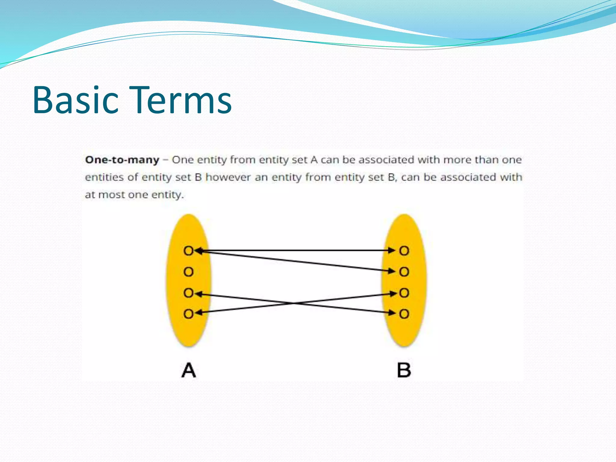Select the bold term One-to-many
click(x=122, y=160)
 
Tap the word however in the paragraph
click(x=228, y=177)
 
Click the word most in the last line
click(x=112, y=195)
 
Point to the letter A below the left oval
click(x=189, y=370)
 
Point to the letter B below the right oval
click(x=404, y=370)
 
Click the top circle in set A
click(x=189, y=251)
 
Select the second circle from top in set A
click(x=189, y=272)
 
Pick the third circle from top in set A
click(x=189, y=293)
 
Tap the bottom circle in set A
click(x=189, y=314)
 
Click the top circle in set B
click(x=404, y=251)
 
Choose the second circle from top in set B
click(x=404, y=272)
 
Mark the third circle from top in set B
click(x=404, y=293)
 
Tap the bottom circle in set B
click(x=404, y=314)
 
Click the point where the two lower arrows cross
click(x=293, y=303)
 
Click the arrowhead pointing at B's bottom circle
click(x=392, y=313)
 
